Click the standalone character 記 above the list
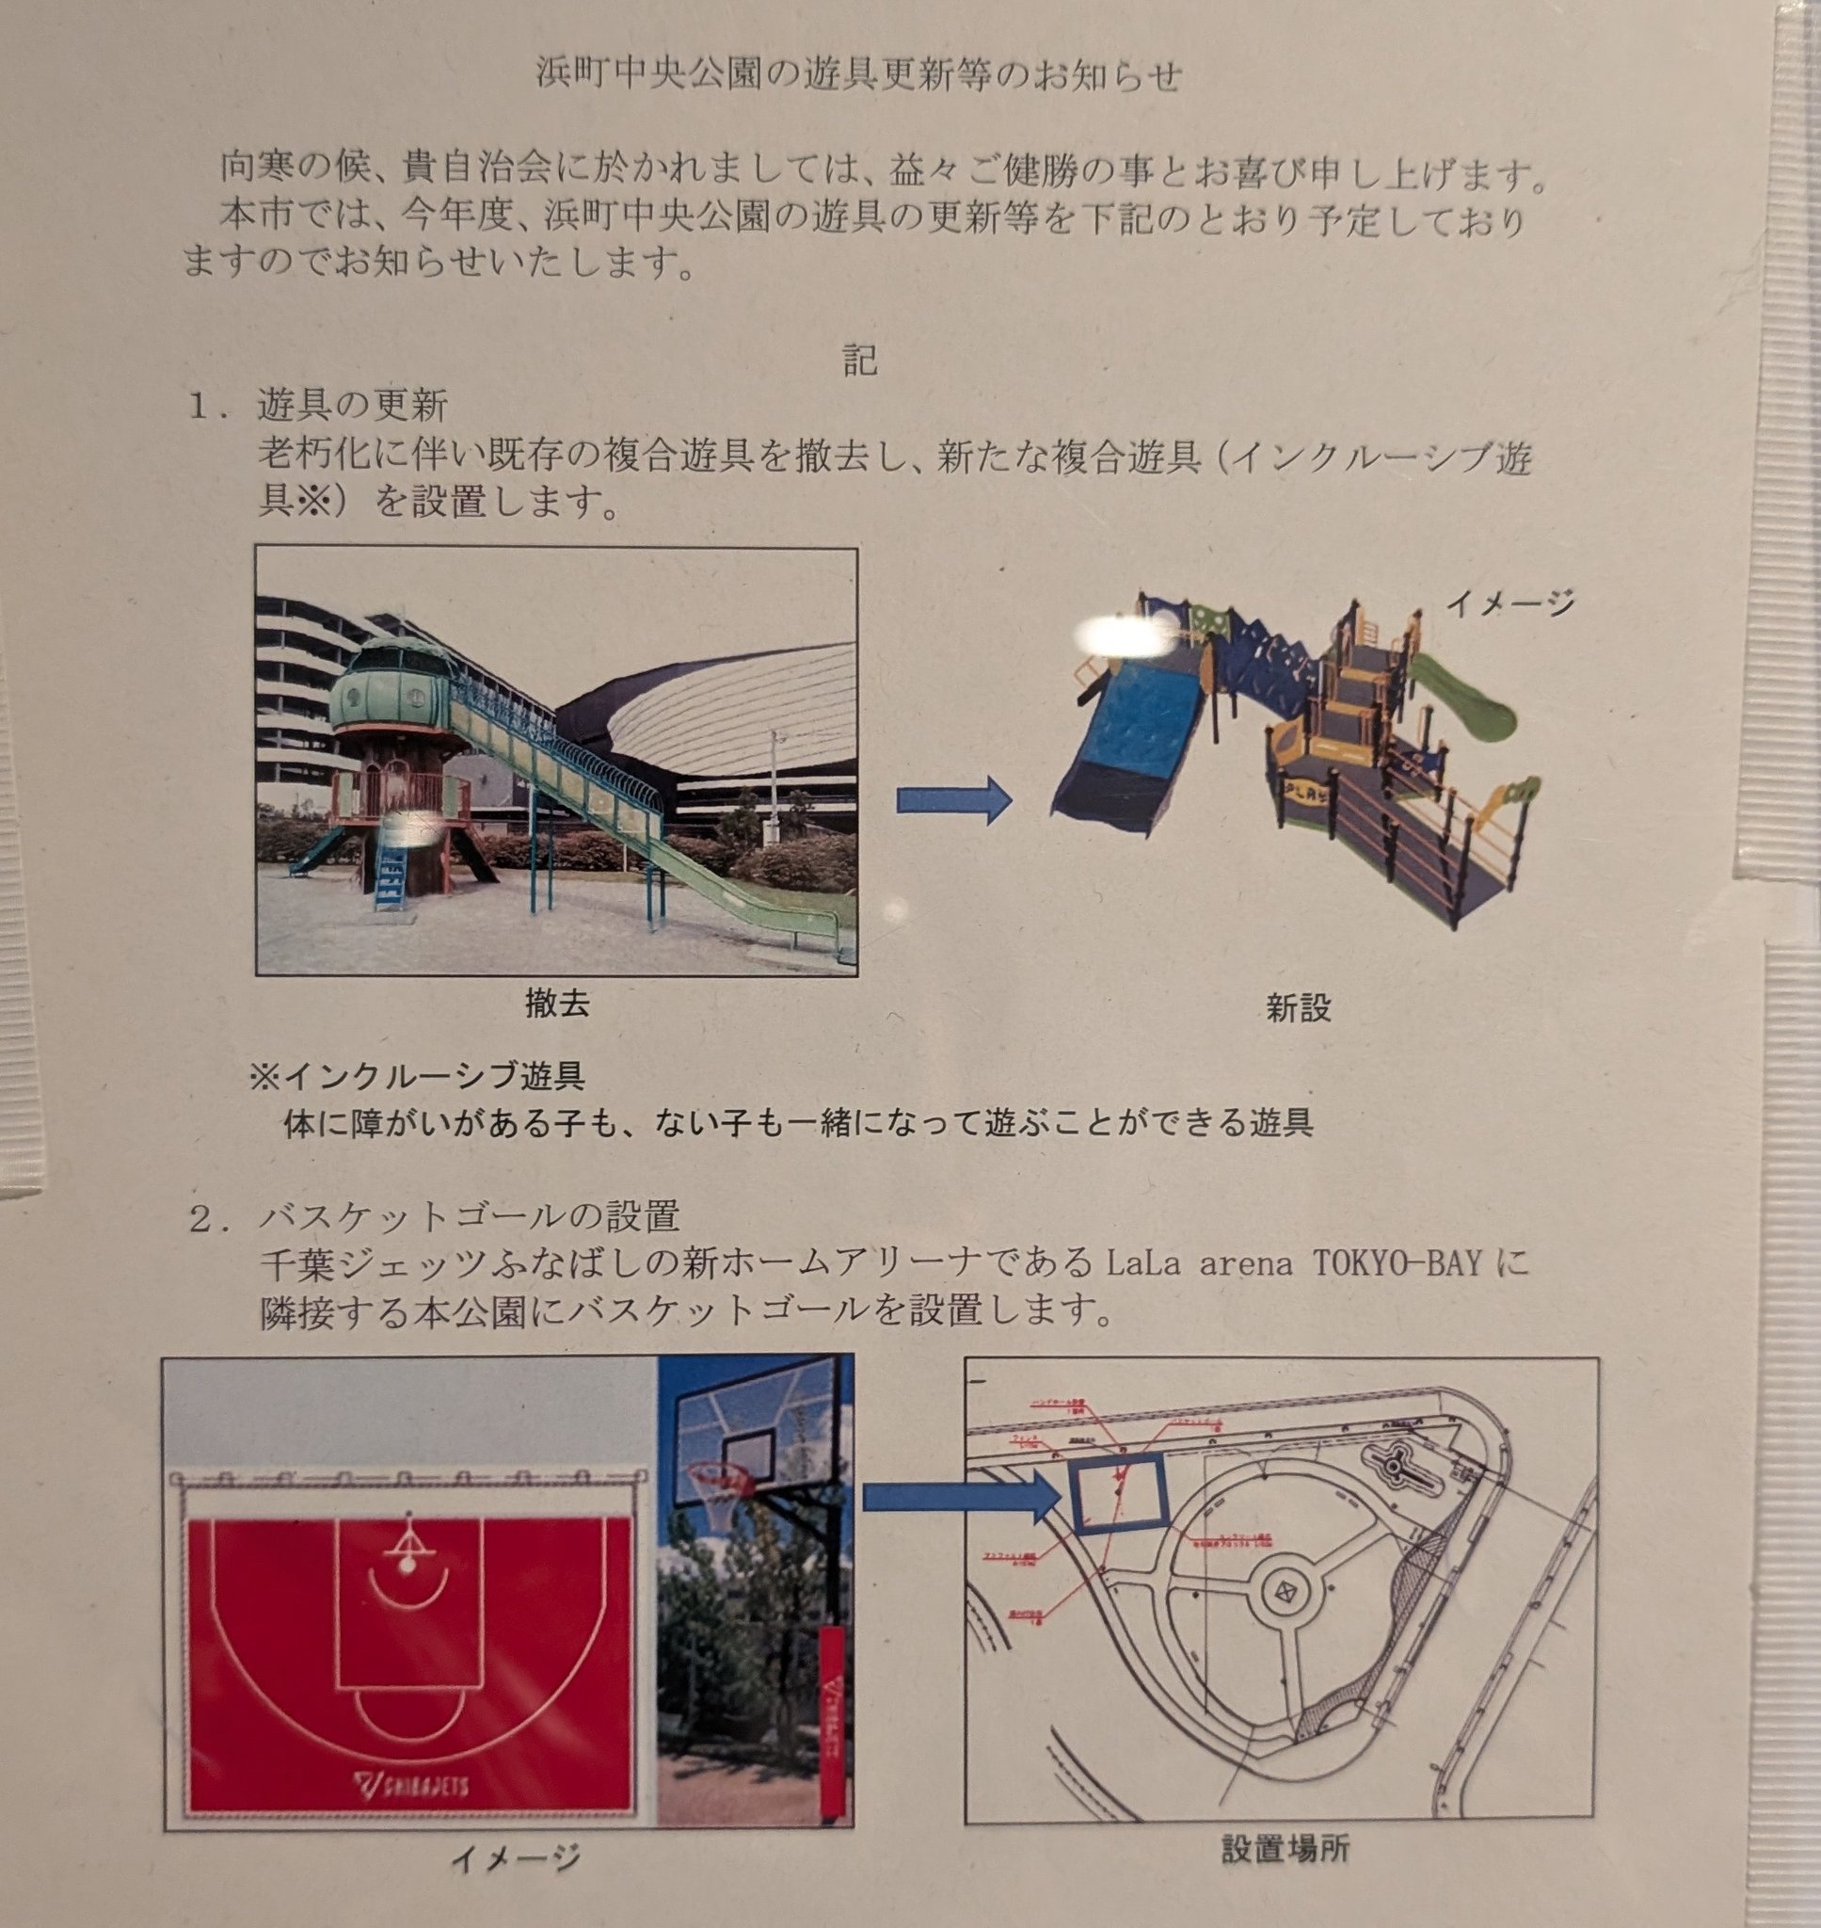coord(860,361)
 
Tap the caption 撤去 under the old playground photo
coord(557,1003)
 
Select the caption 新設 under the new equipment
coord(1299,1008)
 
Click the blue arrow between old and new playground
coord(953,800)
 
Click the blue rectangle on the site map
coord(1117,1492)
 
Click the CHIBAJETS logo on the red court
coord(411,1783)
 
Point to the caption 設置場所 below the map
coord(1285,1875)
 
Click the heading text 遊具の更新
coord(351,405)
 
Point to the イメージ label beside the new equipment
coord(1509,602)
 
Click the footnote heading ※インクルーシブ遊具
coord(418,1077)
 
